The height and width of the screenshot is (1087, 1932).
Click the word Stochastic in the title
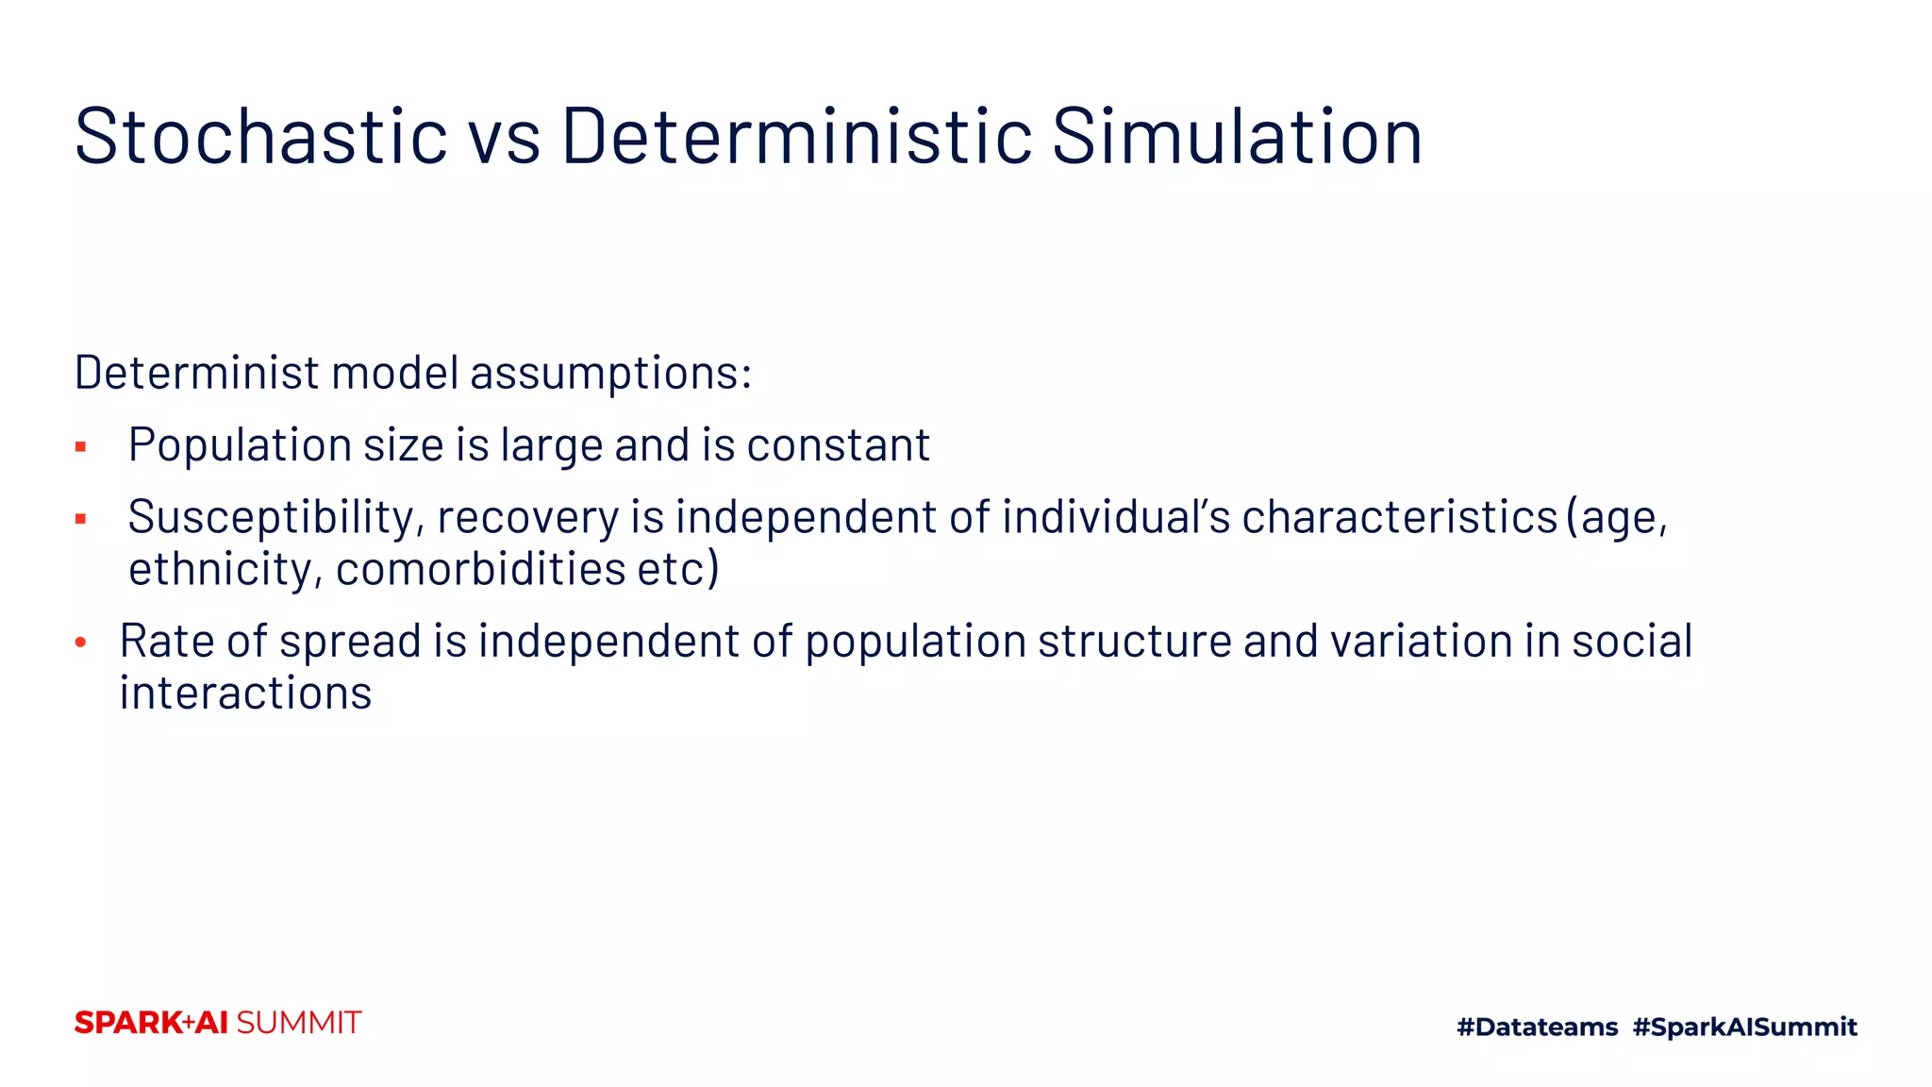(261, 137)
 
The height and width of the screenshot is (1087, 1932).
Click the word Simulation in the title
(1237, 137)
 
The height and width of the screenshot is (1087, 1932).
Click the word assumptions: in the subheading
(610, 374)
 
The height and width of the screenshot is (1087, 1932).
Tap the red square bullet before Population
(81, 447)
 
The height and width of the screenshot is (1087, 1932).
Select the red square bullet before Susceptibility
(81, 519)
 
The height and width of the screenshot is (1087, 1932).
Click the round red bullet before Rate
(81, 643)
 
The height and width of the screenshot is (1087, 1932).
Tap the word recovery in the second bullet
(526, 518)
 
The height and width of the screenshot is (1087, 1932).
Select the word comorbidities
(480, 569)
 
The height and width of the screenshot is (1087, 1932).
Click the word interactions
(245, 694)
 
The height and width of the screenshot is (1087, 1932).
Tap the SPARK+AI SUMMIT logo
(218, 1023)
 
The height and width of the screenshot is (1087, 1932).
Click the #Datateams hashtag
(1537, 1027)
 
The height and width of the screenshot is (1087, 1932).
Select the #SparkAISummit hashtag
(1744, 1027)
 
